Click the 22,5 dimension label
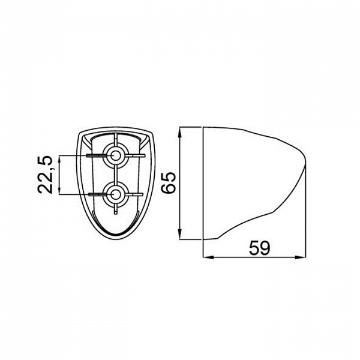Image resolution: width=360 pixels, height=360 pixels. click(x=45, y=175)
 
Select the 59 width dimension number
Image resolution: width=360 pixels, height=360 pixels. click(x=260, y=248)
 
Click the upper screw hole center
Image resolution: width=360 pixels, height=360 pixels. click(x=115, y=155)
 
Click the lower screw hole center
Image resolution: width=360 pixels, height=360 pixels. click(x=115, y=194)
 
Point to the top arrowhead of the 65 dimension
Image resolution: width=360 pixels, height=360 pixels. click(x=180, y=133)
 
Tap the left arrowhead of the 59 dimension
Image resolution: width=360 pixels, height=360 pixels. click(x=208, y=257)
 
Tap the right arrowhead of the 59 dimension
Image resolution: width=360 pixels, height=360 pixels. click(x=301, y=257)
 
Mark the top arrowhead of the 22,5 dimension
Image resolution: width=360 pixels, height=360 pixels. click(x=59, y=160)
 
